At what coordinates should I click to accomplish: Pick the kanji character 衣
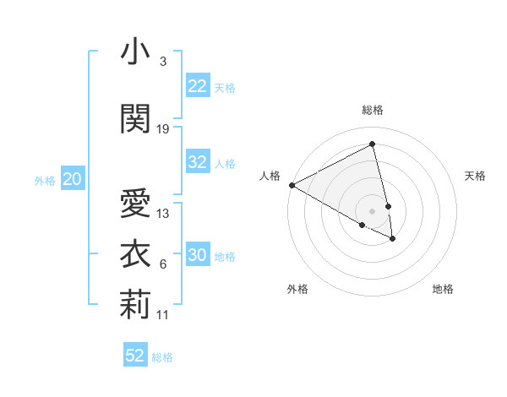point(135,254)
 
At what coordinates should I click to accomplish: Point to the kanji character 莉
point(135,304)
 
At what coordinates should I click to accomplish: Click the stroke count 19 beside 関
point(163,128)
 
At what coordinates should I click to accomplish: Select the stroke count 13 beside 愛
point(163,214)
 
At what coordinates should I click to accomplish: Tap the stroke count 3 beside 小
point(162,62)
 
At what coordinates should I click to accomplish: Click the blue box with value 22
point(197,85)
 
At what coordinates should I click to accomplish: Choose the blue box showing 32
point(197,162)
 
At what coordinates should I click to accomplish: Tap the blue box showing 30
point(197,255)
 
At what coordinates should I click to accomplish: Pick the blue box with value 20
point(72,178)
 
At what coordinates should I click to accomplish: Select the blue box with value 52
point(134,356)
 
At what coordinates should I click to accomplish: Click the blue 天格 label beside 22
point(224,87)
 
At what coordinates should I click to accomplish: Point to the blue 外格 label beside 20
point(45,180)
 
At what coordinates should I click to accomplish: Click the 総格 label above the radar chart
point(372,110)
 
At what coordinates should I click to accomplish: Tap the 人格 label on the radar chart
point(270,176)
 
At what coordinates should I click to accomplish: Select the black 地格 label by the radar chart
point(443,289)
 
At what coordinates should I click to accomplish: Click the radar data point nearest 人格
point(292,184)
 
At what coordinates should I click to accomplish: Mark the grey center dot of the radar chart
point(372,210)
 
